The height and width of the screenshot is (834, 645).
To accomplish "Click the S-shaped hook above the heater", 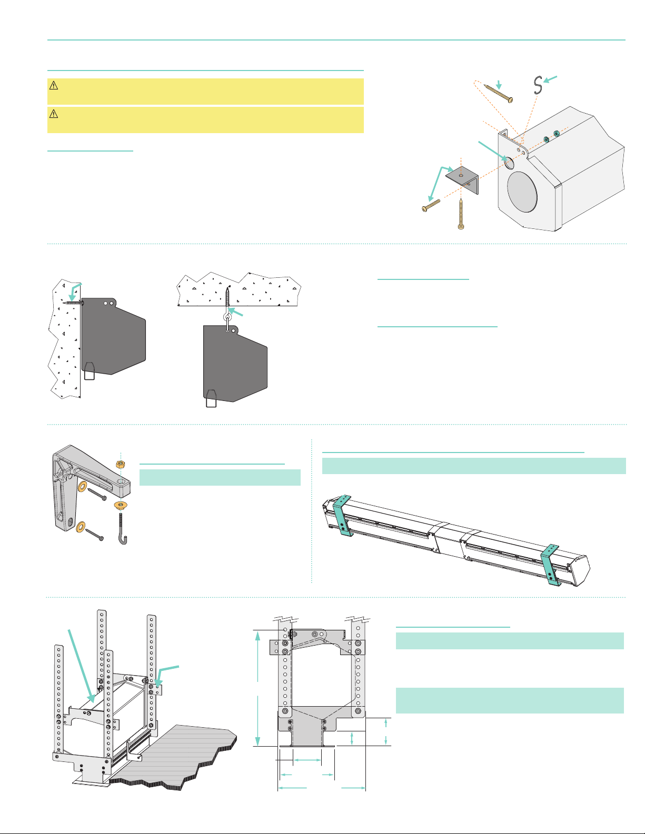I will tap(538, 85).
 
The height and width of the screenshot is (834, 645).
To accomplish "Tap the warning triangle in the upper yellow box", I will tap(53, 85).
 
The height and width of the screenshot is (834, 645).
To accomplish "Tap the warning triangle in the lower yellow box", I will tap(53, 114).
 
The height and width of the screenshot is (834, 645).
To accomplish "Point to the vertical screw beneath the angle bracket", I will tap(461, 214).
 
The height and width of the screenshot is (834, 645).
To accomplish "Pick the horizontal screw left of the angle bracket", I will tap(431, 205).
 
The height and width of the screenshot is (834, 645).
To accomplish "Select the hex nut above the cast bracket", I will tap(121, 464).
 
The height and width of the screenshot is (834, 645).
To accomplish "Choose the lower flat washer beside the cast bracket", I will tap(82, 527).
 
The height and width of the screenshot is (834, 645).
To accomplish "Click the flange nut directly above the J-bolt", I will tap(121, 506).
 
